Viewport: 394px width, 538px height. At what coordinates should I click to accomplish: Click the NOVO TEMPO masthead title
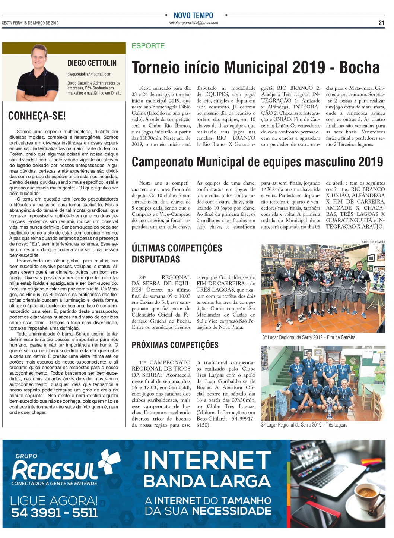pos(193,15)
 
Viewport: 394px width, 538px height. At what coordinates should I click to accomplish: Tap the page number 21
pos(381,23)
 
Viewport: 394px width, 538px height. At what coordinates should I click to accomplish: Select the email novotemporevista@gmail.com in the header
pos(193,23)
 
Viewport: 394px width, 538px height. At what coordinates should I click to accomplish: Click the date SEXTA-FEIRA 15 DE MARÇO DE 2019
pos(30,23)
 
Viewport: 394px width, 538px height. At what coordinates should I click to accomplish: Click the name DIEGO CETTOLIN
pos(92,63)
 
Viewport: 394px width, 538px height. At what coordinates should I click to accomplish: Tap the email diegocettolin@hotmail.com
pos(89,74)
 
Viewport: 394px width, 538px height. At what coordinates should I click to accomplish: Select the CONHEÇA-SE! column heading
pos(37,116)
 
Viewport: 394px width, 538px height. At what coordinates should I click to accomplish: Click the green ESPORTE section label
pos(148,46)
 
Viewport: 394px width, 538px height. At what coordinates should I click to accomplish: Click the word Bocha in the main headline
pos(359,68)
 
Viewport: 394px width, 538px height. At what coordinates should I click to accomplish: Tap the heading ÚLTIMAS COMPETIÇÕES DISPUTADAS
pos(177,254)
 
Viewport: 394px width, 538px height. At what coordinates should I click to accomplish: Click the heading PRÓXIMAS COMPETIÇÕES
pos(175,345)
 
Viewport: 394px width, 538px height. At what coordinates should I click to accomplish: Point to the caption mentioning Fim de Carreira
pos(309,337)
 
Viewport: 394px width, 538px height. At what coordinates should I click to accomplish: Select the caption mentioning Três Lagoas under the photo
pos(304,425)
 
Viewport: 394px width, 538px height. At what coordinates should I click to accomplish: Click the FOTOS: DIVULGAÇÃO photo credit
pos(372,242)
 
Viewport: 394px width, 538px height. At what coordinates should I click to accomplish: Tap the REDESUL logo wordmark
pos(56,470)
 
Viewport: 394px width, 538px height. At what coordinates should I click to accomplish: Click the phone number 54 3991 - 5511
pos(54,513)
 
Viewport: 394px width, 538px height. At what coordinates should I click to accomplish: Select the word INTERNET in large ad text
pos(207,461)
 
